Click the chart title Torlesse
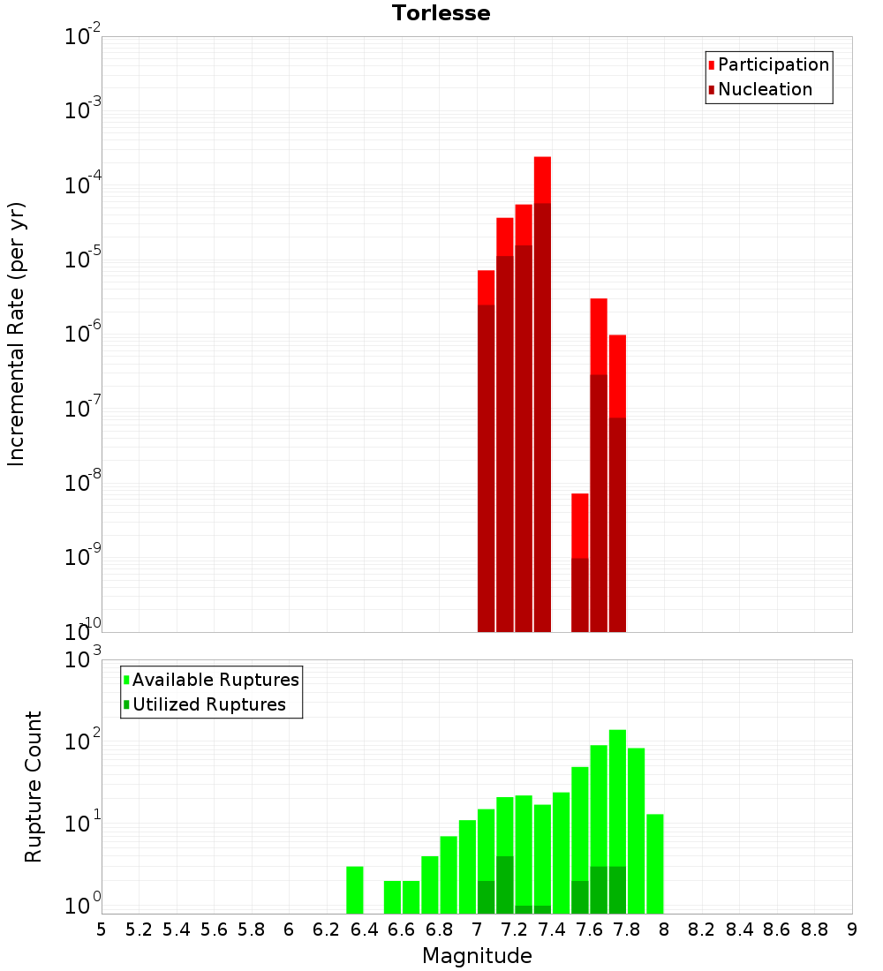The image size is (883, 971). (441, 13)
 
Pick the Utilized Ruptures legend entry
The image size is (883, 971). (208, 704)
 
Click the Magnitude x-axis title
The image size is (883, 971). (477, 956)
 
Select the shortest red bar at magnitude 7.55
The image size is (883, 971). (579, 525)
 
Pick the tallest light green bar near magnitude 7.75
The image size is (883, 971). (617, 794)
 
